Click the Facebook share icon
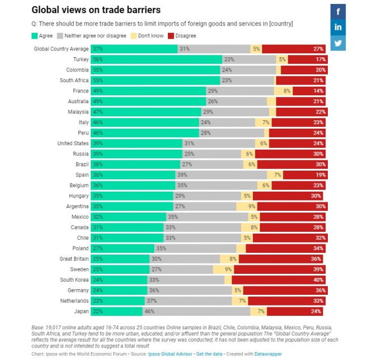pos(338,11)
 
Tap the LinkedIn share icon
pos(338,27)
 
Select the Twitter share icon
pos(338,43)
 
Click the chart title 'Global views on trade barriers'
pos(96,10)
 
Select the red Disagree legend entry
pos(185,36)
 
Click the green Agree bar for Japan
pos(117,311)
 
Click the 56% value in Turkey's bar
pos(99,60)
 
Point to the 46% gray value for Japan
pos(149,311)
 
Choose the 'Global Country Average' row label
pos(61,49)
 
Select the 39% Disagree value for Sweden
pos(317,269)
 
